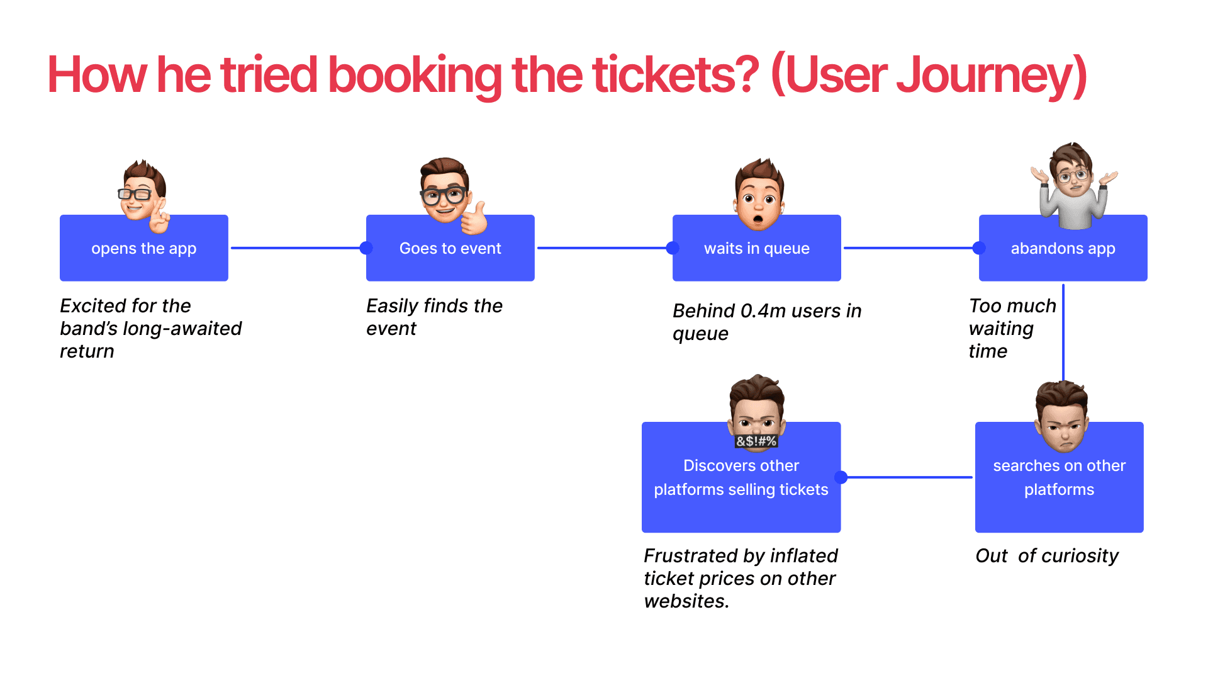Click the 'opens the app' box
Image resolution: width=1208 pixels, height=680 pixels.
click(x=143, y=248)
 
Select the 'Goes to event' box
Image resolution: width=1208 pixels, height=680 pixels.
click(x=450, y=248)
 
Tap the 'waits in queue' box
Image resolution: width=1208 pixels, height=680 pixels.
click(x=756, y=248)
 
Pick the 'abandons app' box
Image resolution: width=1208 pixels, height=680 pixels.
click(x=1063, y=248)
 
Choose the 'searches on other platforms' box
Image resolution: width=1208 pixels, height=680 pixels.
click(x=1059, y=485)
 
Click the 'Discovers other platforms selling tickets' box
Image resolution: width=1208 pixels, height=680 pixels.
click(x=741, y=485)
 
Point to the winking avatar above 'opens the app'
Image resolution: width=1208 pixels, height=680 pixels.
click(x=144, y=194)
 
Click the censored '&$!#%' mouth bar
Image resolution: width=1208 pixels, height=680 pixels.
click(x=756, y=441)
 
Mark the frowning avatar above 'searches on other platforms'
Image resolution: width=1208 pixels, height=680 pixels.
click(x=1062, y=416)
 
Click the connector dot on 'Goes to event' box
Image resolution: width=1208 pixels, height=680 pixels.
click(x=366, y=248)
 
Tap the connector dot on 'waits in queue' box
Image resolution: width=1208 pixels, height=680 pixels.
click(x=673, y=248)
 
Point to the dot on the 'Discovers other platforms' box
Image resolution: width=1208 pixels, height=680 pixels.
click(x=841, y=477)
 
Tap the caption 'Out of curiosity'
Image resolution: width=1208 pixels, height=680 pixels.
click(x=1047, y=556)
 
